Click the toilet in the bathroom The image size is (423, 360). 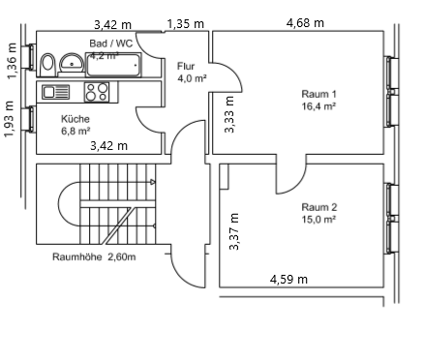click(47, 62)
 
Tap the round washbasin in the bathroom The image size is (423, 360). click(73, 64)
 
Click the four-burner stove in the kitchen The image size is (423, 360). click(97, 92)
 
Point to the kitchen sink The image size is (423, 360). click(55, 92)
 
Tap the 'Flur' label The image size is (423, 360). click(186, 66)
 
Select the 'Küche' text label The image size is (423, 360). click(76, 118)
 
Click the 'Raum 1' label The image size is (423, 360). click(318, 94)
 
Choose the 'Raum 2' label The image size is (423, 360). click(318, 207)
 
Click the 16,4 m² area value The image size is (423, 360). click(318, 106)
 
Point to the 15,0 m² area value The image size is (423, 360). click(318, 220)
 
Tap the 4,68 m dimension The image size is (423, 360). click(305, 22)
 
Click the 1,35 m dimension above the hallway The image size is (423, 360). click(185, 22)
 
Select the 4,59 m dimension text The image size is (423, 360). click(288, 280)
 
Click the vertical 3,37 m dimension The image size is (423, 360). click(233, 232)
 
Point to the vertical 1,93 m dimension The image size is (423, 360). click(11, 119)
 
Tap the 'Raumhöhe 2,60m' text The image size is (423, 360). click(94, 257)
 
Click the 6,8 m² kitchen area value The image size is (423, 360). click(76, 130)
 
